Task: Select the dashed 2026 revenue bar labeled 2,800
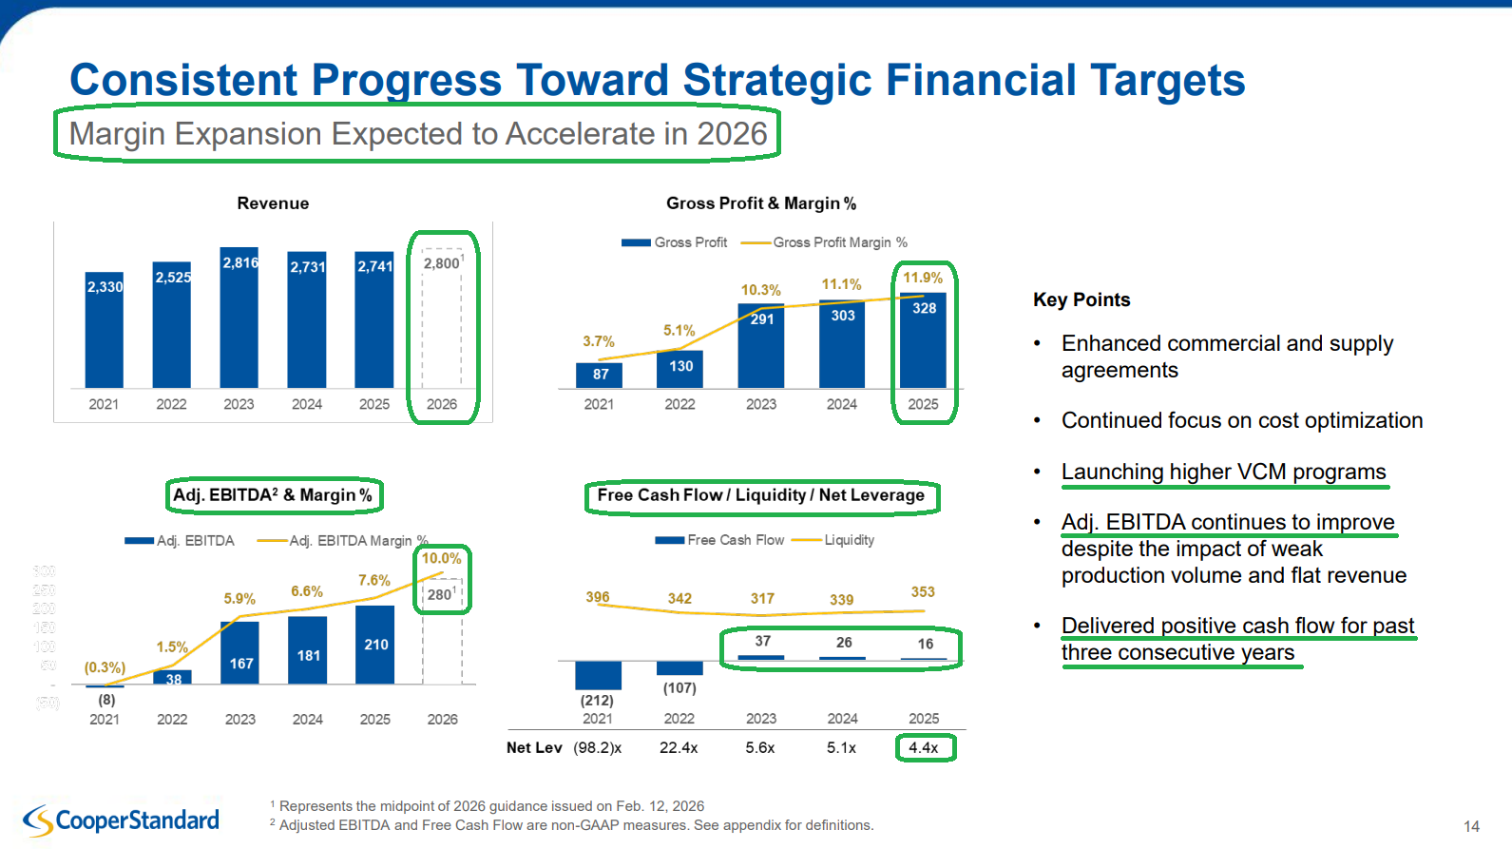point(442,323)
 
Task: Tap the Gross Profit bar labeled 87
point(599,375)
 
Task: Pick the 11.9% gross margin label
point(923,278)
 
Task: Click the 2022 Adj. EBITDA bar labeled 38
point(173,678)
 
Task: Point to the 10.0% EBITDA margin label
point(442,558)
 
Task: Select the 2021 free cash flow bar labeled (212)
point(598,675)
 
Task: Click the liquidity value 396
point(598,597)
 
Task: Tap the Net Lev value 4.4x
point(924,747)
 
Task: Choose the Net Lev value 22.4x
point(679,747)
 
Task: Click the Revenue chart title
point(273,203)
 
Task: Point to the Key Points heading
point(1081,299)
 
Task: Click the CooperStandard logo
point(122,820)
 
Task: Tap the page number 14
point(1471,826)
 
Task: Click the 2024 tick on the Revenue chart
point(307,404)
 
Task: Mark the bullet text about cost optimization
point(1241,420)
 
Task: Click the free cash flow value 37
point(762,642)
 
